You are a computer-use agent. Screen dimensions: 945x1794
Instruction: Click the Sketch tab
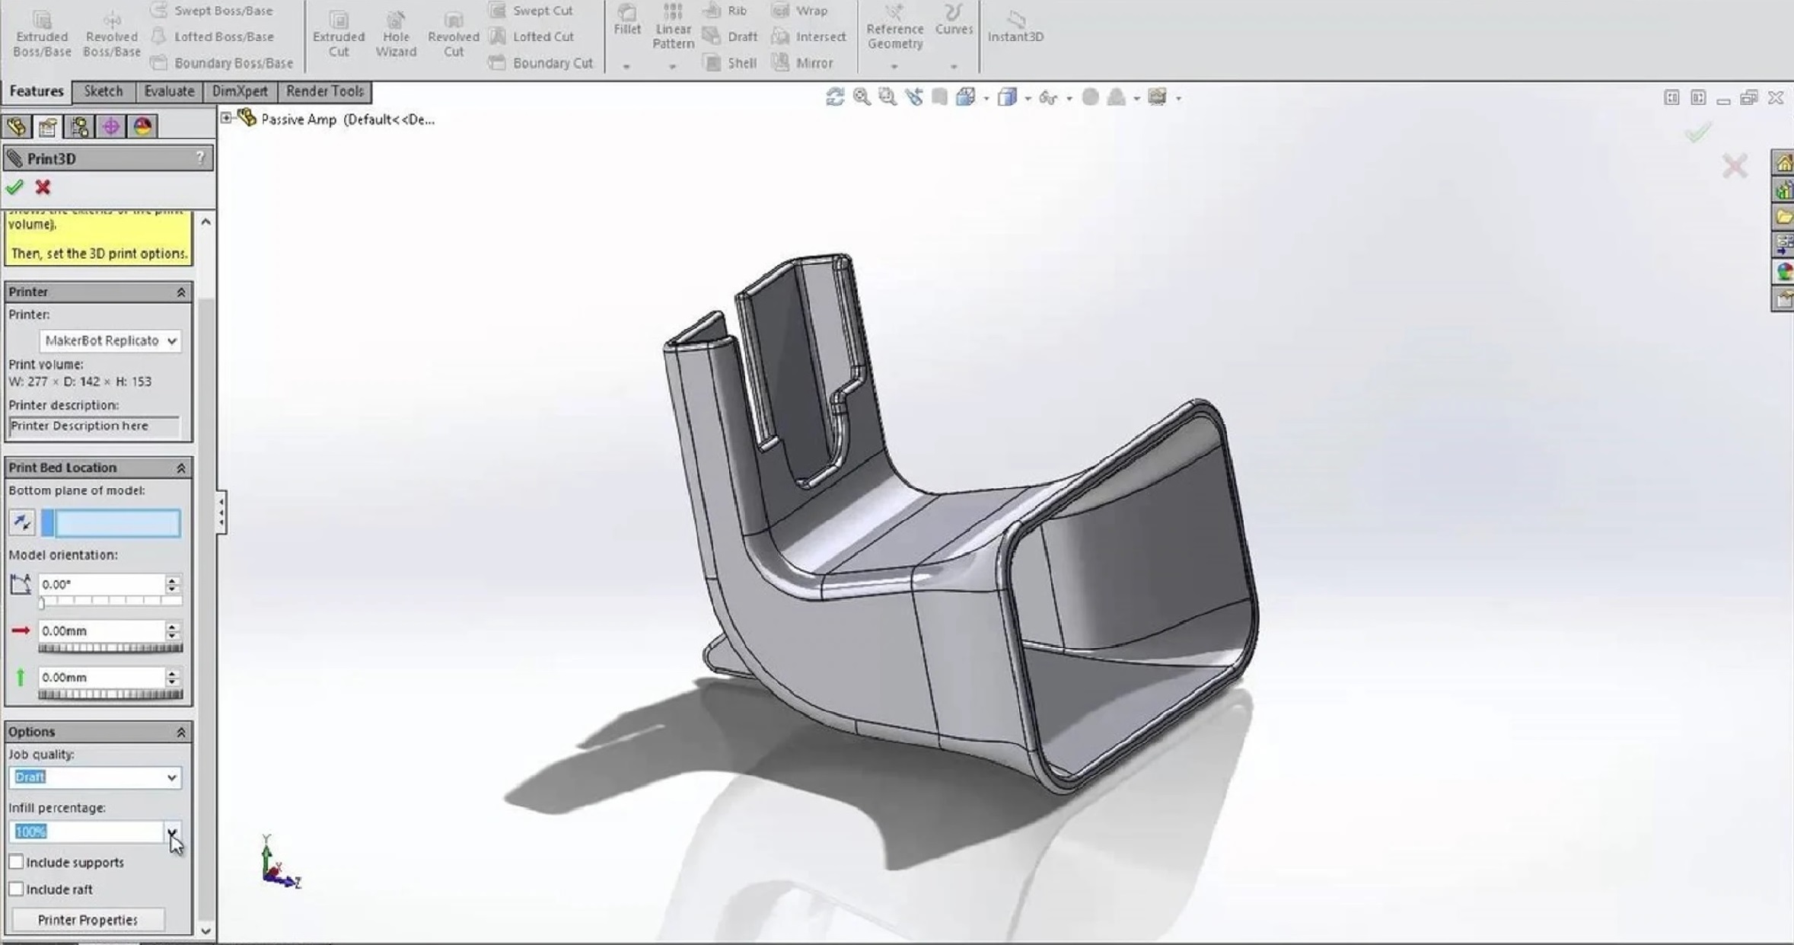[x=103, y=91]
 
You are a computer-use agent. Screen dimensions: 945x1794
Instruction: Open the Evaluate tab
[x=169, y=91]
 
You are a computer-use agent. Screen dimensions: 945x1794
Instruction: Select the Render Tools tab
[x=325, y=91]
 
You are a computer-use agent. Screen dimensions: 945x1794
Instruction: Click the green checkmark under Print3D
[x=14, y=187]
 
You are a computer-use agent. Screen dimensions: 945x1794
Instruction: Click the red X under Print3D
[x=43, y=187]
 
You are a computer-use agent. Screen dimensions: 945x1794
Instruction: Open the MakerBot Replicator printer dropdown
[x=110, y=340]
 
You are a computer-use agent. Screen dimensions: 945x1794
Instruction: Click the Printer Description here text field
[x=94, y=426]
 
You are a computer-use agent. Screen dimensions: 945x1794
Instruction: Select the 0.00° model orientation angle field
[x=100, y=584]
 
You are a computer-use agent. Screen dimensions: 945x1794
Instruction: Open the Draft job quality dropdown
[x=95, y=777]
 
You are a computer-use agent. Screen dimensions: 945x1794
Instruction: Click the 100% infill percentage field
[x=87, y=832]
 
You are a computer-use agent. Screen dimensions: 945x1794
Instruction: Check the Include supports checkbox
[x=16, y=862]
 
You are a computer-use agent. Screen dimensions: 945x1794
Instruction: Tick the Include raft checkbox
[x=16, y=889]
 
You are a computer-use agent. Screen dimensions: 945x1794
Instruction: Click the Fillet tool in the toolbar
[x=627, y=21]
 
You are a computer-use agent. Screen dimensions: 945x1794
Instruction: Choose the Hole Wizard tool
[x=396, y=34]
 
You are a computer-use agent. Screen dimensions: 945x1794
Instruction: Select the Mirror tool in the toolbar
[x=803, y=63]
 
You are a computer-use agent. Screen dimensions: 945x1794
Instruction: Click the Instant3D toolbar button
[x=1015, y=27]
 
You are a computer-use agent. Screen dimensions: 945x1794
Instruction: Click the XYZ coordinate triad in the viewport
[x=279, y=864]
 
